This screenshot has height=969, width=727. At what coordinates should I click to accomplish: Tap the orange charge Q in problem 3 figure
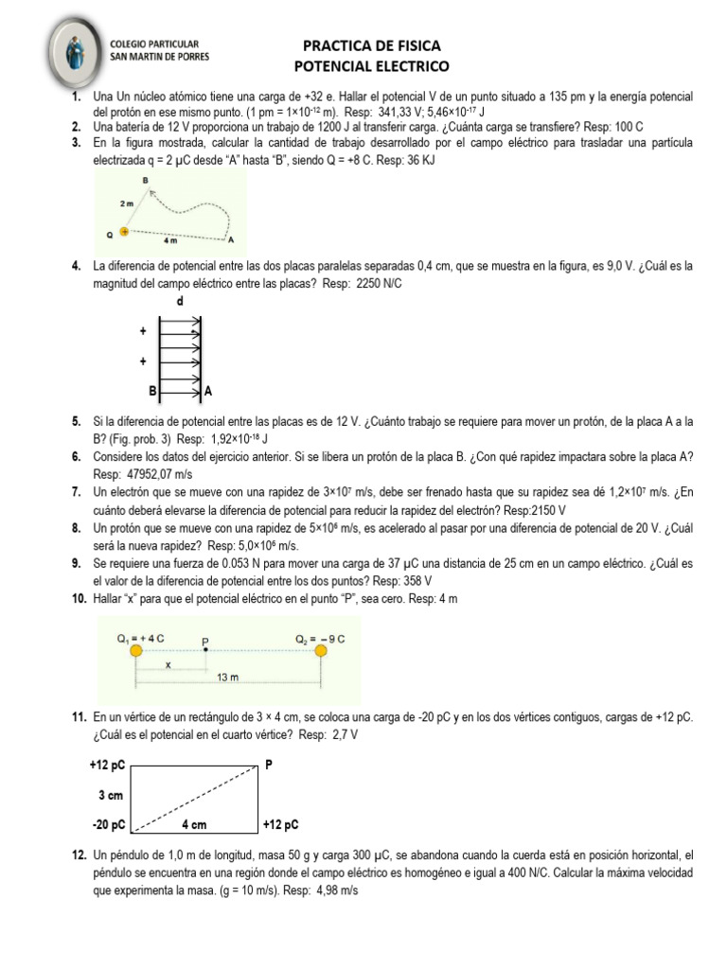[124, 231]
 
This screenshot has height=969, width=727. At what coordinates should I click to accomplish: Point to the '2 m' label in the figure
[127, 203]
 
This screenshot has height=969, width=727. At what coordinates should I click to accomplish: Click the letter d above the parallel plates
[181, 301]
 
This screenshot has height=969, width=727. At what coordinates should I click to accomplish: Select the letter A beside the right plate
[208, 390]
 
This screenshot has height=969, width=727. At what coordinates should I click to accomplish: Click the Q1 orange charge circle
[136, 651]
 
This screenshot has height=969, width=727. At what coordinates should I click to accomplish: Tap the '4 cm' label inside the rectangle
[193, 824]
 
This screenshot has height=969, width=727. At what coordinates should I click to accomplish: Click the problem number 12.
[80, 855]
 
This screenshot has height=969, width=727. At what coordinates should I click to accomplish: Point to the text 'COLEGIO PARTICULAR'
[155, 44]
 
